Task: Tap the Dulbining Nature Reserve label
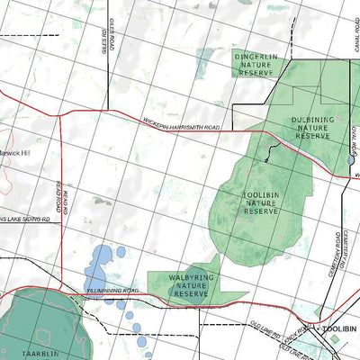[313, 127]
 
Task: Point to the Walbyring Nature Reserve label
[191, 285]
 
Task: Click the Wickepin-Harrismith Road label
[181, 126]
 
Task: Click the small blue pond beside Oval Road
[350, 160]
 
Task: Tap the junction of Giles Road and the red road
[108, 112]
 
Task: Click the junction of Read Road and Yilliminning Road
[61, 289]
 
